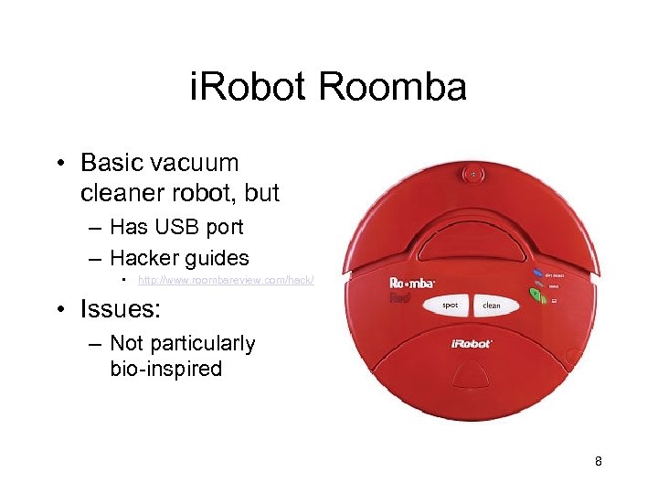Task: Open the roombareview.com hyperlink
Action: click(x=226, y=279)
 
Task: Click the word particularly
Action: click(x=196, y=343)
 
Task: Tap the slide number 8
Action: click(x=598, y=461)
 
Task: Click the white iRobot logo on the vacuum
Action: click(x=472, y=344)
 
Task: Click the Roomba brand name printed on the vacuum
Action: click(x=412, y=282)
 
